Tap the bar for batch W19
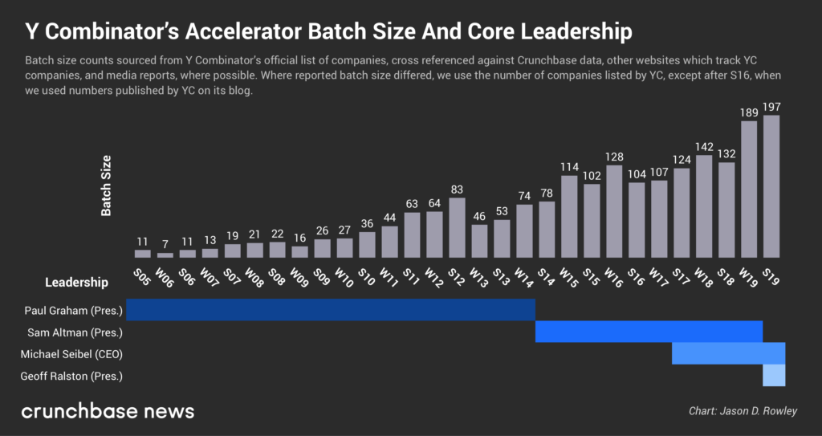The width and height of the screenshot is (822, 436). click(x=749, y=189)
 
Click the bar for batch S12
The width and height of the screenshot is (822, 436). click(x=457, y=227)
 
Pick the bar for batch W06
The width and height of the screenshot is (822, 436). click(x=165, y=255)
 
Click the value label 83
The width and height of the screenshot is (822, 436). click(x=457, y=189)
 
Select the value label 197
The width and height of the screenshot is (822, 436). click(x=771, y=107)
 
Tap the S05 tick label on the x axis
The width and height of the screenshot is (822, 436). click(x=142, y=277)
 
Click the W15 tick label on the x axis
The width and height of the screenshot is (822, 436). click(x=568, y=277)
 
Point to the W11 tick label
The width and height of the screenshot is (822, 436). click(x=389, y=277)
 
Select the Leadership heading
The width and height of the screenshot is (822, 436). click(x=76, y=282)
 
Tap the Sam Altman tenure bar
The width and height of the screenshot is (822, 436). click(x=649, y=332)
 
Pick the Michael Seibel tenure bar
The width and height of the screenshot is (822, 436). click(x=728, y=353)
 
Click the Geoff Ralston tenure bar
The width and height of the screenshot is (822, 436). click(x=774, y=375)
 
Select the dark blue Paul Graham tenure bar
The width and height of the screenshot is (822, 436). click(x=331, y=310)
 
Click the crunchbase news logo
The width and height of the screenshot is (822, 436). click(x=108, y=411)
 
